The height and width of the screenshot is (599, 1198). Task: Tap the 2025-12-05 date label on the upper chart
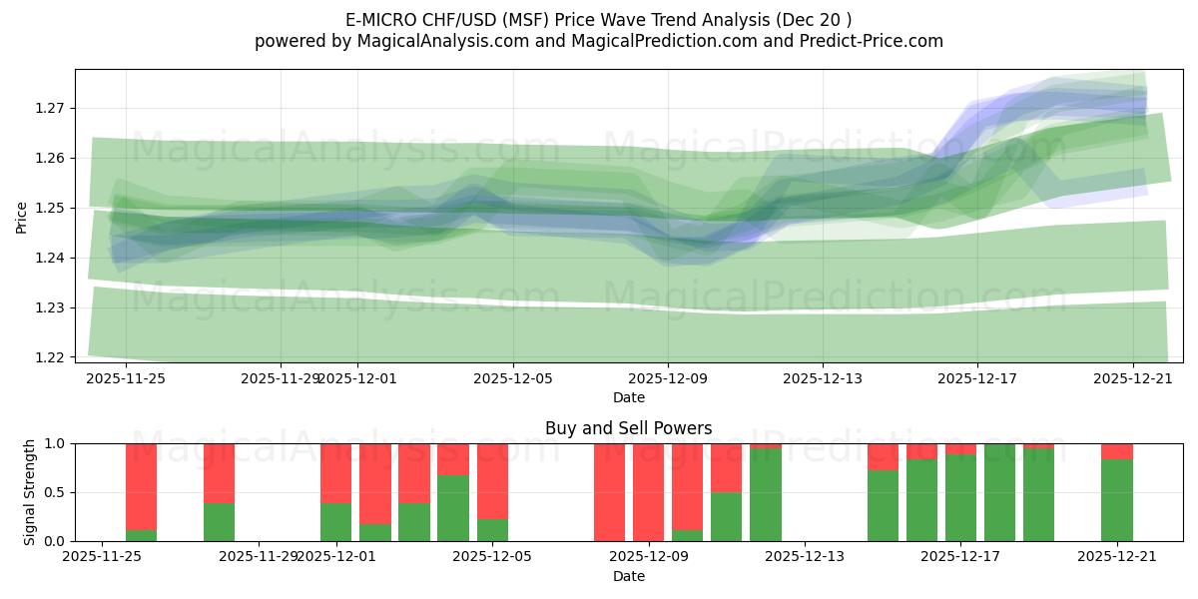[513, 379]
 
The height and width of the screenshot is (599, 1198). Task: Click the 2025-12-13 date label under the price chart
[823, 379]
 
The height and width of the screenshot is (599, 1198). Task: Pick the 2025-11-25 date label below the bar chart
[102, 557]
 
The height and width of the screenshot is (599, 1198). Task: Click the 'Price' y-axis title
[22, 217]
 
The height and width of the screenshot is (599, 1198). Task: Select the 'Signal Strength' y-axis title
[30, 492]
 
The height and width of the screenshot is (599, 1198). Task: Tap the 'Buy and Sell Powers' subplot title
[628, 428]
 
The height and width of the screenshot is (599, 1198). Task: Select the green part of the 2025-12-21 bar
[1116, 501]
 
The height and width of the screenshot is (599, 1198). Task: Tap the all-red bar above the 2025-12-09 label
[648, 492]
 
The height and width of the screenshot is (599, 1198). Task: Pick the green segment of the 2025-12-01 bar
[336, 522]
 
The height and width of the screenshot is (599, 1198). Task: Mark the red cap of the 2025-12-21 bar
[1116, 451]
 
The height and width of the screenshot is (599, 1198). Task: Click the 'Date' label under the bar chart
[628, 576]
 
